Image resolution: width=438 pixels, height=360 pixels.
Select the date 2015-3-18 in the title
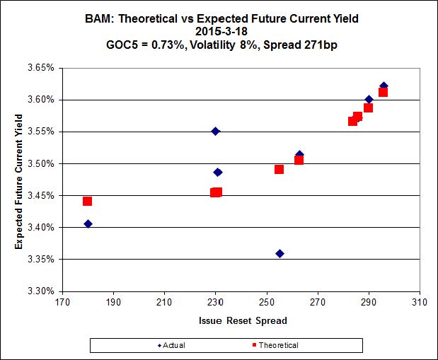pyautogui.click(x=219, y=31)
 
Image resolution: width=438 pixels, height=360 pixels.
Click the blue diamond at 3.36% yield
pyautogui.click(x=279, y=253)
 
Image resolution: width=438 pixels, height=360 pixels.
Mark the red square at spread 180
pyautogui.click(x=88, y=201)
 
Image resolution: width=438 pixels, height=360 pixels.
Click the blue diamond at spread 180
pyautogui.click(x=88, y=223)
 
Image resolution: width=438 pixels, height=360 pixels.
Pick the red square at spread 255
pyautogui.click(x=279, y=169)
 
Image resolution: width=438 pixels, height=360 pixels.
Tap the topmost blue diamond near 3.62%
pyautogui.click(x=384, y=86)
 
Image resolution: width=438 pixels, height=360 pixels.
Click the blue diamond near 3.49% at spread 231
pyautogui.click(x=218, y=172)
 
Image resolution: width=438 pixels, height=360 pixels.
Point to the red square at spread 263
pyautogui.click(x=299, y=160)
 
